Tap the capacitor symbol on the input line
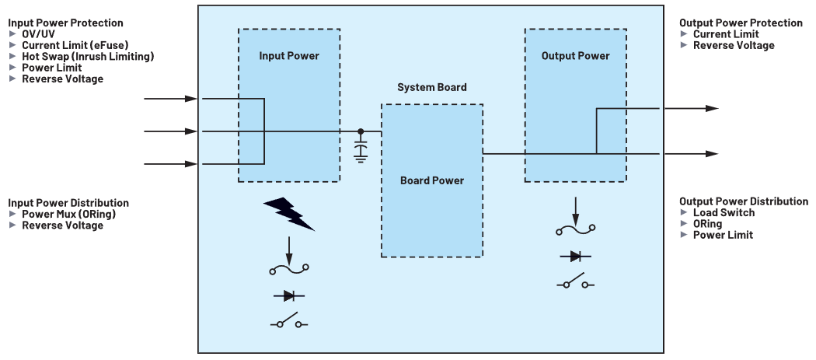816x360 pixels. [x=361, y=151]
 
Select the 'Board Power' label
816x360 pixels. [x=431, y=180]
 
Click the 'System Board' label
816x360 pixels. [x=431, y=87]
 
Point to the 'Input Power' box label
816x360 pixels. [x=289, y=56]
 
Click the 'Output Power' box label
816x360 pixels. [x=575, y=56]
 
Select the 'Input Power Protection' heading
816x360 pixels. [x=65, y=23]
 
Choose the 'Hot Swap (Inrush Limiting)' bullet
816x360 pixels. [x=88, y=57]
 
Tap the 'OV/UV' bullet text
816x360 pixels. [x=39, y=34]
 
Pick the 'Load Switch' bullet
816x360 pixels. [x=724, y=213]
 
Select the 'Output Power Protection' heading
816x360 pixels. [x=741, y=23]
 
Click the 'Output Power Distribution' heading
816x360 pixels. [x=744, y=201]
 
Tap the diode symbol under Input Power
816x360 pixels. [x=289, y=295]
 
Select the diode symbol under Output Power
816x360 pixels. [x=576, y=257]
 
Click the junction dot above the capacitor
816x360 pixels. [x=361, y=131]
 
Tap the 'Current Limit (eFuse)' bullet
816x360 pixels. [x=74, y=46]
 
